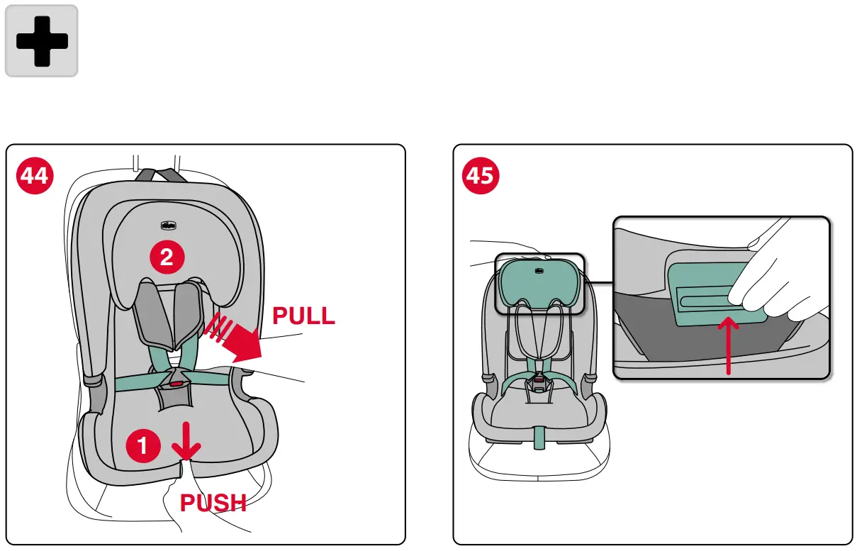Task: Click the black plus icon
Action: tap(42, 40)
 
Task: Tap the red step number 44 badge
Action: tap(35, 174)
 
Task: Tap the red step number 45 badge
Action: tap(481, 174)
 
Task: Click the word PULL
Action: tap(303, 316)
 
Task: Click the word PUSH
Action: tap(213, 503)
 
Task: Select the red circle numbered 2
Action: tap(167, 257)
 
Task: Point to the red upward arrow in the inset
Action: tap(729, 344)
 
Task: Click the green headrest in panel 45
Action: tap(539, 284)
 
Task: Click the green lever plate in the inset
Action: tap(702, 293)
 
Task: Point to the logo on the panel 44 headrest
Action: tap(168, 226)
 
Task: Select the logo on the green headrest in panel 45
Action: tap(539, 269)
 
